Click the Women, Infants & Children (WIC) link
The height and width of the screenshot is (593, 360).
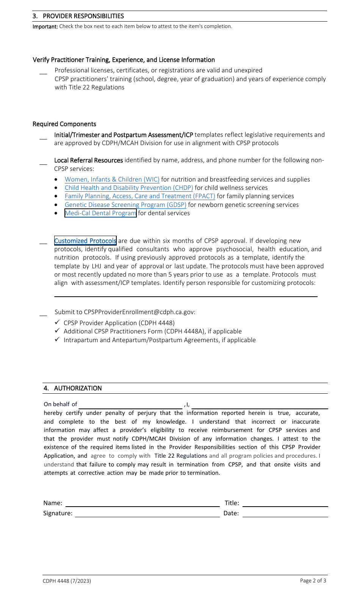112,180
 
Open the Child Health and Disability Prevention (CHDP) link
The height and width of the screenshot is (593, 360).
128,188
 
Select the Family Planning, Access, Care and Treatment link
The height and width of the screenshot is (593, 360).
139,196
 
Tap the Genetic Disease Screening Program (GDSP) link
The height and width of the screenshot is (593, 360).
125,205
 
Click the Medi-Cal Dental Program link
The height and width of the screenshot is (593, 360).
100,213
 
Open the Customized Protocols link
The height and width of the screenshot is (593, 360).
85,241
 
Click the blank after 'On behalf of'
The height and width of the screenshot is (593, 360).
131,405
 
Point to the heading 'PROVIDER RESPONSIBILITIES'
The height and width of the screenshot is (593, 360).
83,16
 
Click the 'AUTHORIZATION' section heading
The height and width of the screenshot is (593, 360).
78,388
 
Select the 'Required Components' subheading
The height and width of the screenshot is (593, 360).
64,124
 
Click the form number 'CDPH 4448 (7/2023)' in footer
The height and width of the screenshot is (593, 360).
67,581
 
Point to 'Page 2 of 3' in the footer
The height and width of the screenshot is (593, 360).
313,581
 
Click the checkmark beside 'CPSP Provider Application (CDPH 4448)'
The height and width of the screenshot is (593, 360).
57,322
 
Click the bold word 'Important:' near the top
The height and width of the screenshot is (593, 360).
45,27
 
